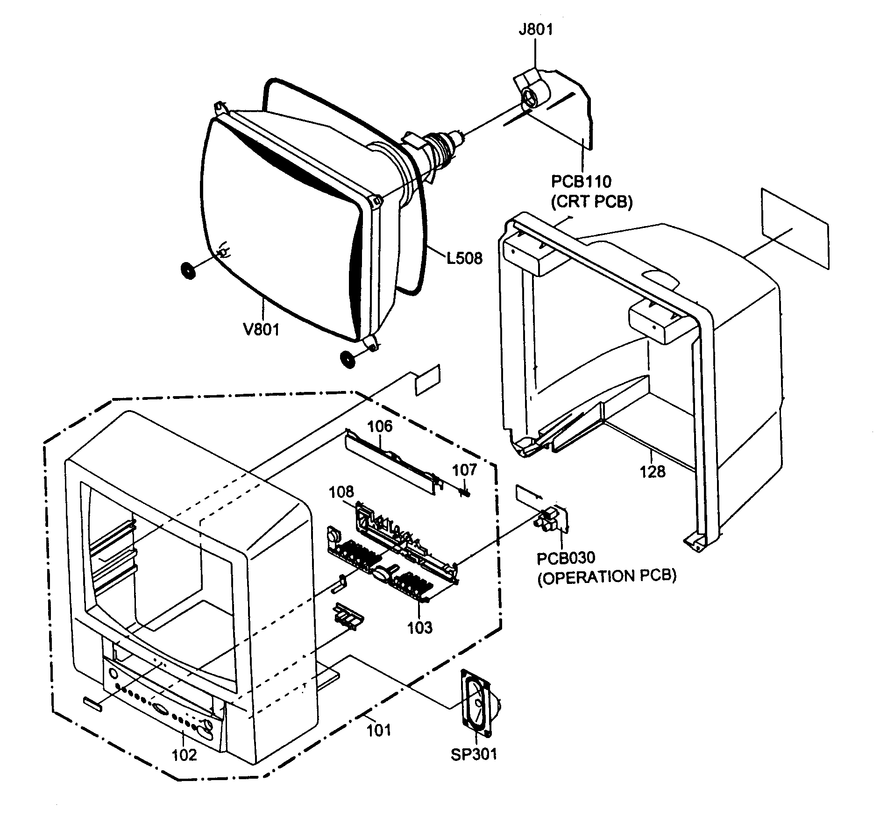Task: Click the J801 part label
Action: coord(535,30)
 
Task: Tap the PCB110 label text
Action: coord(581,181)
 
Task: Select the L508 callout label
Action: coord(464,257)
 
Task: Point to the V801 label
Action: coord(261,329)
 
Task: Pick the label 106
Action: coord(380,426)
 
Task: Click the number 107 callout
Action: coord(465,469)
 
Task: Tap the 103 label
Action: coord(419,628)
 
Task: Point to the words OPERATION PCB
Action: coord(607,576)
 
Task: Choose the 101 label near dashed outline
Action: coord(378,730)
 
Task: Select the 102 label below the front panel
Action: coord(185,754)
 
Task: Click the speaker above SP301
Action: coord(477,704)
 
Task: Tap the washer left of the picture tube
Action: coord(188,270)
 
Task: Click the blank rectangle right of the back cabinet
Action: coord(795,229)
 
